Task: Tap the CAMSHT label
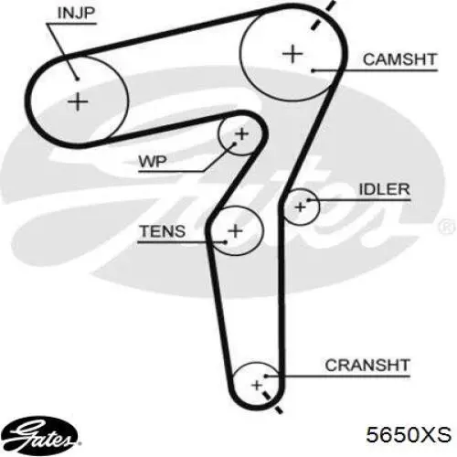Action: pyautogui.click(x=400, y=59)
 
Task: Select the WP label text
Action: pyautogui.click(x=153, y=161)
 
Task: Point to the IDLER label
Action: pyautogui.click(x=385, y=189)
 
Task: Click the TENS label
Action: pyautogui.click(x=163, y=231)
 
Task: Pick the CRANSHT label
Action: pyautogui.click(x=367, y=365)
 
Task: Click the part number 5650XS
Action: pyautogui.click(x=409, y=434)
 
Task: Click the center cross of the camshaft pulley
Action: pyautogui.click(x=292, y=54)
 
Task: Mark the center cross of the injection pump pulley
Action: pyautogui.click(x=78, y=101)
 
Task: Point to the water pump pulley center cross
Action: pyautogui.click(x=242, y=134)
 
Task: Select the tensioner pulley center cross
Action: pyautogui.click(x=235, y=230)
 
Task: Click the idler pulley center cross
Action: pyautogui.click(x=301, y=207)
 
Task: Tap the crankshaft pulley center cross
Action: pyautogui.click(x=257, y=385)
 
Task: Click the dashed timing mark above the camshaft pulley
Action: pyautogui.click(x=324, y=15)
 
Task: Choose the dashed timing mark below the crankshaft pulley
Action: pyautogui.click(x=272, y=402)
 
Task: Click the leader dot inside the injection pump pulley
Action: pyautogui.click(x=78, y=80)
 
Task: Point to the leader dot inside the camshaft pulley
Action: pyautogui.click(x=313, y=71)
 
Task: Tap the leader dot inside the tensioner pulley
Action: pyautogui.click(x=225, y=242)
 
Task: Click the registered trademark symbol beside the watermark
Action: pyautogui.click(x=447, y=227)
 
